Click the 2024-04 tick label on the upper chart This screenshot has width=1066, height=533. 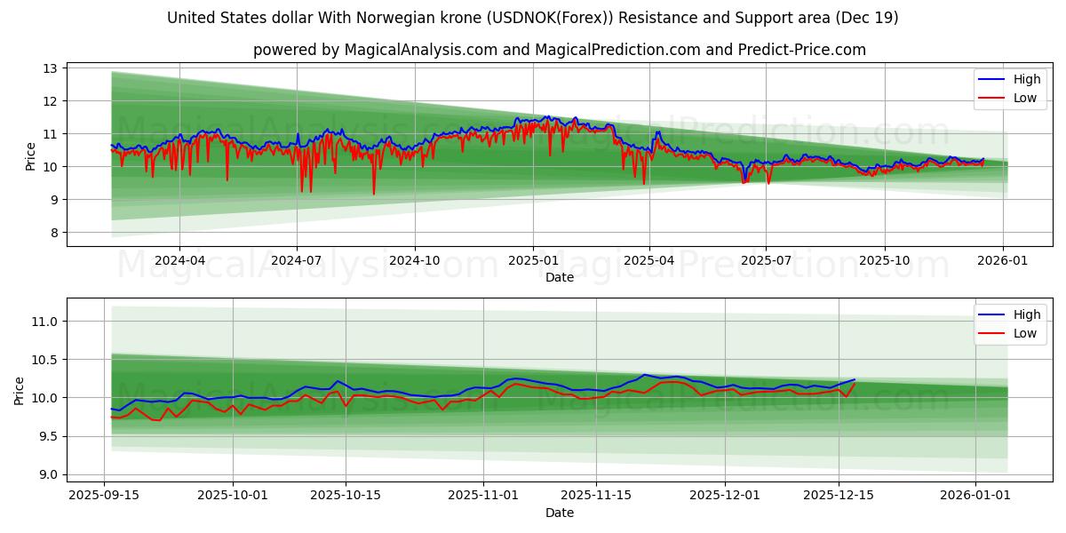point(179,260)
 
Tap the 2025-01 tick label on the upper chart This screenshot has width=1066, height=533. point(533,260)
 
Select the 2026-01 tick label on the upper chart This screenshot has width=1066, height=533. point(1003,260)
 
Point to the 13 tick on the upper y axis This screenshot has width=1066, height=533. point(50,68)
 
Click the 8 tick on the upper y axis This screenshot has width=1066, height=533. point(53,233)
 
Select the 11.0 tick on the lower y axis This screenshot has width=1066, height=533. point(44,322)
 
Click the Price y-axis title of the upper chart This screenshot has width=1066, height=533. point(31,156)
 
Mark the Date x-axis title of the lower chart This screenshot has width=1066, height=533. point(560,513)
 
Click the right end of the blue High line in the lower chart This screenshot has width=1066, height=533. point(855,379)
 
